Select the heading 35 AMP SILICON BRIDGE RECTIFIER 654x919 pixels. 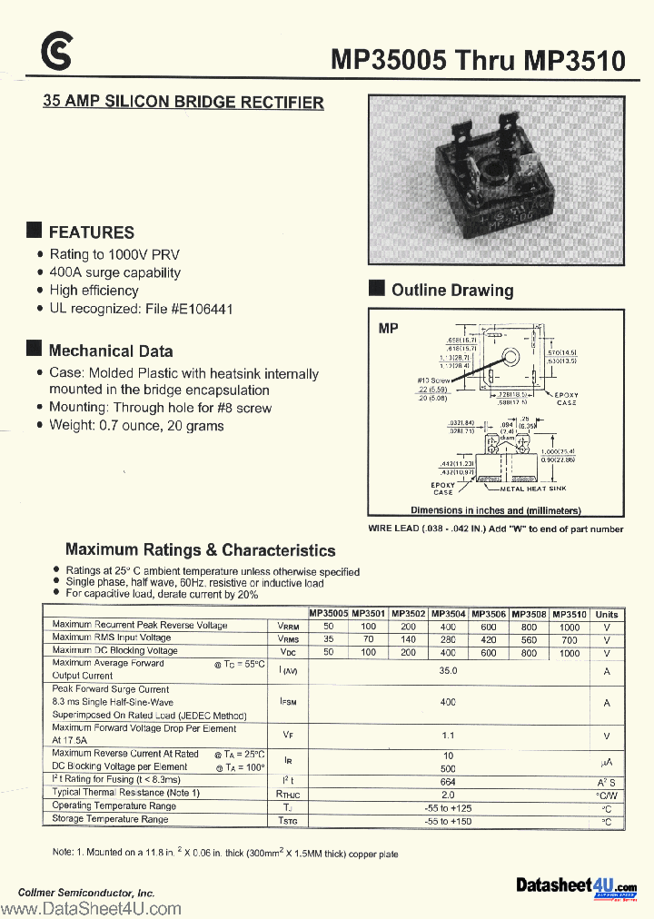click(x=183, y=103)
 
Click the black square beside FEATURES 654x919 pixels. click(x=35, y=231)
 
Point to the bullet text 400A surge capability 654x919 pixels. click(x=114, y=272)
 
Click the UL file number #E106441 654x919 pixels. click(x=202, y=309)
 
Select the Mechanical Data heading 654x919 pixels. click(x=110, y=351)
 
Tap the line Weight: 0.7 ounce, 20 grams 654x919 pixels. click(x=136, y=426)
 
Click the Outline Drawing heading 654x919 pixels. click(x=451, y=291)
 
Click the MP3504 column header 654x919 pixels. click(x=448, y=614)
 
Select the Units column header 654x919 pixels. click(x=606, y=615)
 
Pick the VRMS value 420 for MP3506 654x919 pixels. click(x=489, y=639)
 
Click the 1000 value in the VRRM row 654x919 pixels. click(x=569, y=627)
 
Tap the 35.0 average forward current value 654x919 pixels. click(x=448, y=671)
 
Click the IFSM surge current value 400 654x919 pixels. click(x=448, y=702)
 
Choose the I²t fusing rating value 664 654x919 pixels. click(x=448, y=780)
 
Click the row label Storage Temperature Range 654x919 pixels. click(x=110, y=819)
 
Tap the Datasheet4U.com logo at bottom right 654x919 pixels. click(x=576, y=886)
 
